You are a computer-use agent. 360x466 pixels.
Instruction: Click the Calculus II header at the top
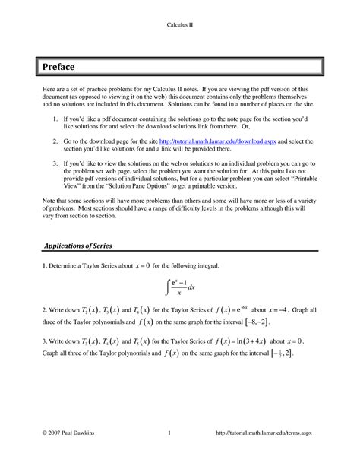[179, 24]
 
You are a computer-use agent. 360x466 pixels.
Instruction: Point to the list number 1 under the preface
[52, 120]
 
